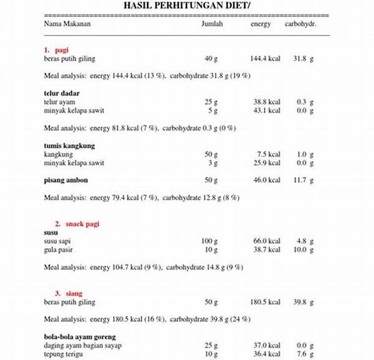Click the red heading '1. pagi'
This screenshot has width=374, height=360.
tap(56, 49)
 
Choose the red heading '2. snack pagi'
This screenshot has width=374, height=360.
tap(77, 223)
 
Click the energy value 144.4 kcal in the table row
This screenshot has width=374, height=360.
tap(266, 58)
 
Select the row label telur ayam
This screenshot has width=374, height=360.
tap(60, 102)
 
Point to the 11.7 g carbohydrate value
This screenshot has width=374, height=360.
tap(303, 180)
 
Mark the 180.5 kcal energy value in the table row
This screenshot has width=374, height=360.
tap(266, 301)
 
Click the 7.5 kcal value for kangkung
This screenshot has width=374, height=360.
tap(269, 154)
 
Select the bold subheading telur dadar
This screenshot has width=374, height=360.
tap(62, 94)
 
